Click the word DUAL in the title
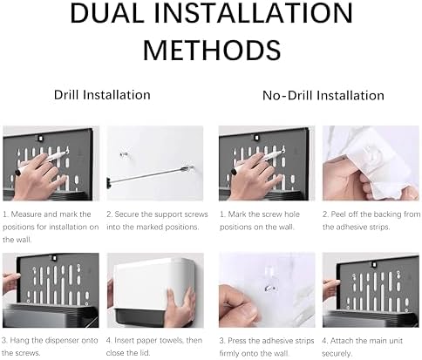click(x=107, y=13)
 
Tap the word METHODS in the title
click(x=212, y=50)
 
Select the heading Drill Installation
click(x=102, y=95)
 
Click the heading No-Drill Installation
click(x=323, y=95)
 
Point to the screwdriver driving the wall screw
click(x=151, y=174)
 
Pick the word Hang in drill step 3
click(x=20, y=341)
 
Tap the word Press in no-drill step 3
click(x=237, y=341)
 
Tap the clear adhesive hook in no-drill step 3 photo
click(x=271, y=281)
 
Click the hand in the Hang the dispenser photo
click(x=10, y=282)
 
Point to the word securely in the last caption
click(x=337, y=354)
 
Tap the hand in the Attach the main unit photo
click(x=330, y=286)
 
